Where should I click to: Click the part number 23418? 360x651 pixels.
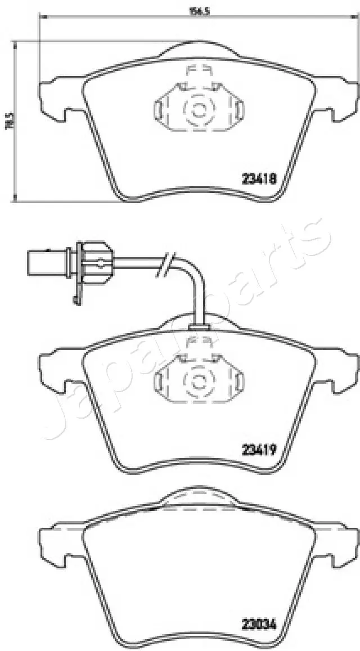pos(258,179)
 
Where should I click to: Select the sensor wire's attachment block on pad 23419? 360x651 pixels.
pos(198,327)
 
